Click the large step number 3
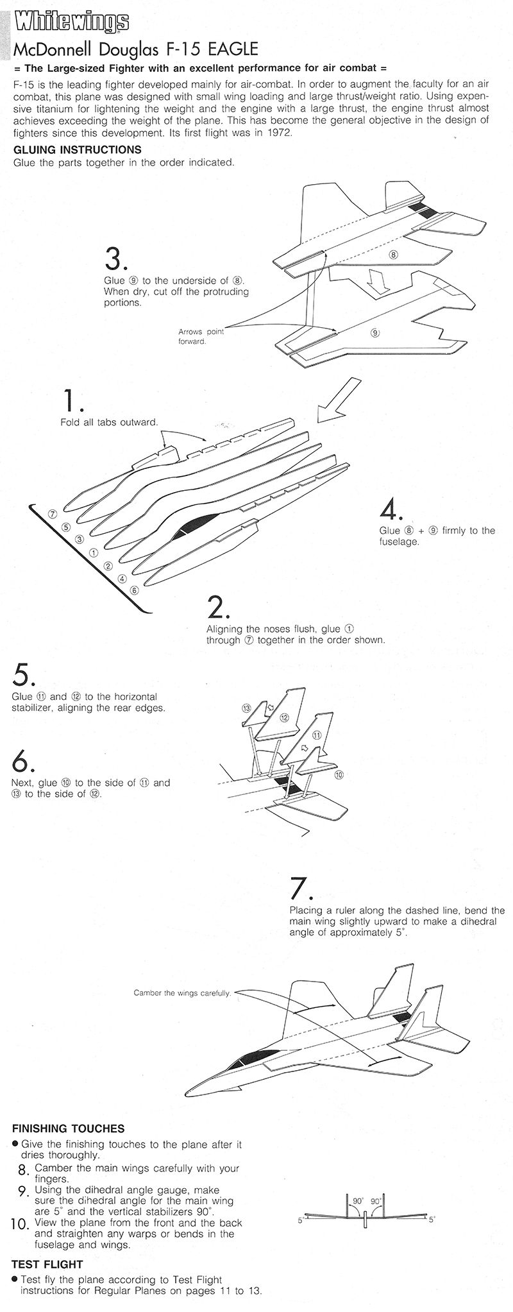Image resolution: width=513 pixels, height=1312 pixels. pos(115,259)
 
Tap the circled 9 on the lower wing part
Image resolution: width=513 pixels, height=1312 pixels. pos(375,332)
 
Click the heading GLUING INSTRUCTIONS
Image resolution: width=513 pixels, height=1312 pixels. pos(77,149)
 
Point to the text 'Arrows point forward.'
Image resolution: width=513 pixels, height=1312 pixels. pos(201,336)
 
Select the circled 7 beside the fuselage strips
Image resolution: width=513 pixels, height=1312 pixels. pos(53,514)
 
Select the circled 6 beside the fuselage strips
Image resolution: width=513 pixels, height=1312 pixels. pos(134,590)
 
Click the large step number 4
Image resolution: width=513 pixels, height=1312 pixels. pos(390,509)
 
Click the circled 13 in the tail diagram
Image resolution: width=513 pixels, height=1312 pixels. pos(246,708)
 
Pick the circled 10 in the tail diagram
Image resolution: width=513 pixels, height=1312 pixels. pos(339,774)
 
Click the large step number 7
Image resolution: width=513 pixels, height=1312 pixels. pos(300,888)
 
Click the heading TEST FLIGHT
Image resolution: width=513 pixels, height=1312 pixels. pos(47,1265)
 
